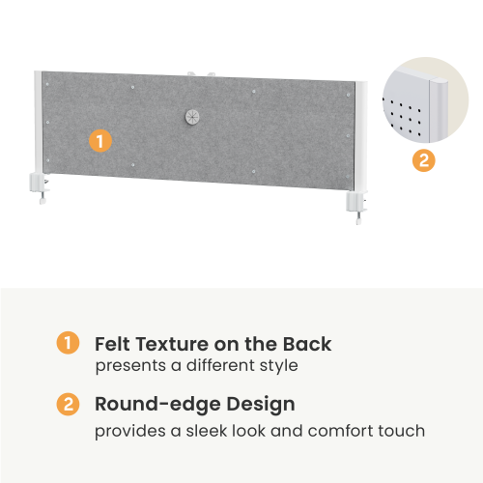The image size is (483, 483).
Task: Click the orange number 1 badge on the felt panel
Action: pos(100,141)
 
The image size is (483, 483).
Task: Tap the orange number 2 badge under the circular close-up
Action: pos(424,160)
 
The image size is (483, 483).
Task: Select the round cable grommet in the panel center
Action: pos(192,117)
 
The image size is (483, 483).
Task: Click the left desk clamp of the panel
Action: pos(39,187)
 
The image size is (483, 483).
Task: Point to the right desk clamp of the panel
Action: pos(356,206)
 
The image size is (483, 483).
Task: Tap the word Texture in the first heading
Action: pos(172,344)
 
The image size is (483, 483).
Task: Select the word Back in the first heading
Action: pos(307,344)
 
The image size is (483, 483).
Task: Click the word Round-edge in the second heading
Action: pos(157,405)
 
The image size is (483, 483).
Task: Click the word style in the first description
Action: pos(279,366)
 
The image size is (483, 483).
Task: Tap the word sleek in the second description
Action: pos(207,431)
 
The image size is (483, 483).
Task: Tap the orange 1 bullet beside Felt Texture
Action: pos(68,343)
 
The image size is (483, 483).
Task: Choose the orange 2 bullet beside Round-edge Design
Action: pos(68,404)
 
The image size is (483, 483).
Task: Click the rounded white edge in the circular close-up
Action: pos(439,109)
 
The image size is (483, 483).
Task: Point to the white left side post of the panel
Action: pos(38,123)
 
